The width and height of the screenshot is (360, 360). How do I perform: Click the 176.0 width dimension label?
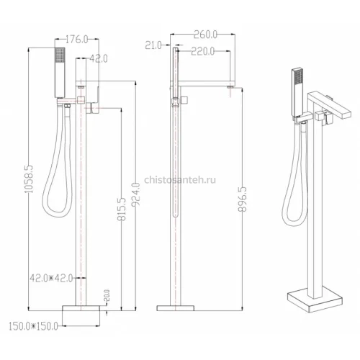tap(77, 40)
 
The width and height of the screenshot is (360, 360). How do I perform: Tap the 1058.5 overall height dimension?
tap(29, 179)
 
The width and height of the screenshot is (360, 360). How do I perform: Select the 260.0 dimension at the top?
tap(205, 35)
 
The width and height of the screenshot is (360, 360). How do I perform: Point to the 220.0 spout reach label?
tap(203, 51)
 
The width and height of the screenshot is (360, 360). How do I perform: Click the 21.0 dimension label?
tap(153, 45)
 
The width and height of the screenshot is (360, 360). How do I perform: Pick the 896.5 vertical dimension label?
tap(243, 199)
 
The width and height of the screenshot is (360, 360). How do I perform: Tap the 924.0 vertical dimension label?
tap(136, 194)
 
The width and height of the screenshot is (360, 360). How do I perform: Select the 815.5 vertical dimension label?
tap(122, 209)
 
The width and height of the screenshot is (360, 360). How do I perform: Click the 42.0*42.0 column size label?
tap(51, 278)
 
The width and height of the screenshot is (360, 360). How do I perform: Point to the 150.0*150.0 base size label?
tap(33, 326)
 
